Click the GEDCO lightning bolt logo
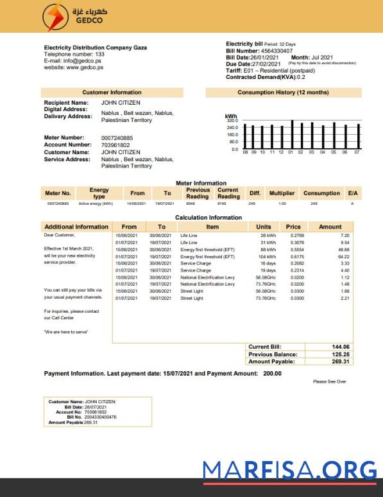pos(53,16)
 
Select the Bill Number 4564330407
pos(276,51)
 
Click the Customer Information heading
pos(112,92)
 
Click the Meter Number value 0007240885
pos(117,137)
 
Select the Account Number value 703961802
pos(115,144)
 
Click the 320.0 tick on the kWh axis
pos(232,121)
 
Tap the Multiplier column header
pos(282,193)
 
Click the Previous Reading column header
pos(198,193)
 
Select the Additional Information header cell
pos(76,227)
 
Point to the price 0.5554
pos(293,249)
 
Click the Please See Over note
pos(329,381)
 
